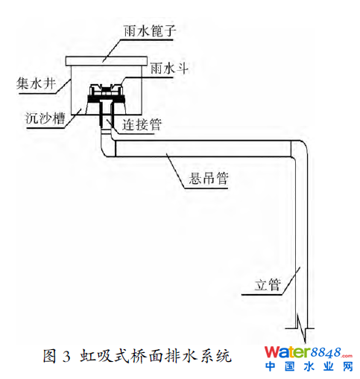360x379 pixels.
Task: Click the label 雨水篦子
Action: pyautogui.click(x=150, y=31)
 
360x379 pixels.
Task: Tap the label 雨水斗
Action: pyautogui.click(x=169, y=68)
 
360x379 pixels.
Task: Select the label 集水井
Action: pyautogui.click(x=36, y=83)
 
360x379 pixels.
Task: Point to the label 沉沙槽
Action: pyautogui.click(x=45, y=118)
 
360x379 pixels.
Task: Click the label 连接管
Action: pyautogui.click(x=142, y=124)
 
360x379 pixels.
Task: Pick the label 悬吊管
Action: pyautogui.click(x=209, y=178)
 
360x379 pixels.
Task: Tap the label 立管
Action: pyautogui.click(x=268, y=284)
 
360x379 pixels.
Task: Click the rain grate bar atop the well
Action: pyautogui.click(x=107, y=61)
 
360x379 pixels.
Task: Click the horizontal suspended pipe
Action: pyautogui.click(x=203, y=149)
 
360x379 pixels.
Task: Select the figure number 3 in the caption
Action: pyautogui.click(x=66, y=357)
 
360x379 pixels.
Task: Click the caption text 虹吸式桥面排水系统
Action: pyautogui.click(x=156, y=357)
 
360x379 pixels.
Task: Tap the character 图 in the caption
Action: pyautogui.click(x=50, y=357)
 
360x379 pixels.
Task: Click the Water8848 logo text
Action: pyautogui.click(x=308, y=352)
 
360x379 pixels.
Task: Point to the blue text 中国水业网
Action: pyautogui.click(x=309, y=366)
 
